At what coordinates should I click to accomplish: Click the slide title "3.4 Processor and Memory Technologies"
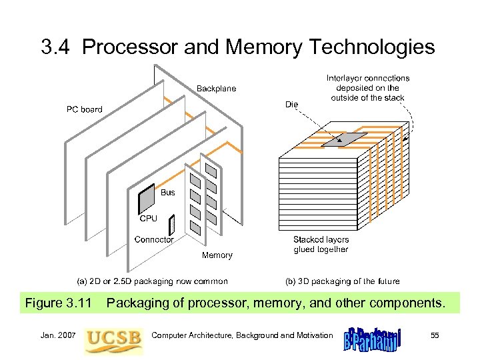(238, 47)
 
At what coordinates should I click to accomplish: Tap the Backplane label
(215, 89)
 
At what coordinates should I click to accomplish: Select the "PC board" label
(84, 109)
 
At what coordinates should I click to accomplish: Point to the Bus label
(168, 193)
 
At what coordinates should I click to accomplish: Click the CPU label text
(148, 218)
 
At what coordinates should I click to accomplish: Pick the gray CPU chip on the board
(147, 199)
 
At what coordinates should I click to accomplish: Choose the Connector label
(154, 239)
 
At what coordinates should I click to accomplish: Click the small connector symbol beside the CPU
(171, 226)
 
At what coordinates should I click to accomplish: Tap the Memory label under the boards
(217, 255)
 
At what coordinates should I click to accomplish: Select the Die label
(291, 103)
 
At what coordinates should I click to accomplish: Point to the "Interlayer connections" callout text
(368, 88)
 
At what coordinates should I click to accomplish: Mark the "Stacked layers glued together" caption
(321, 245)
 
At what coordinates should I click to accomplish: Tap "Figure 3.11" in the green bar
(58, 304)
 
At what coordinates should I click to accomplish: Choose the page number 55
(435, 335)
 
